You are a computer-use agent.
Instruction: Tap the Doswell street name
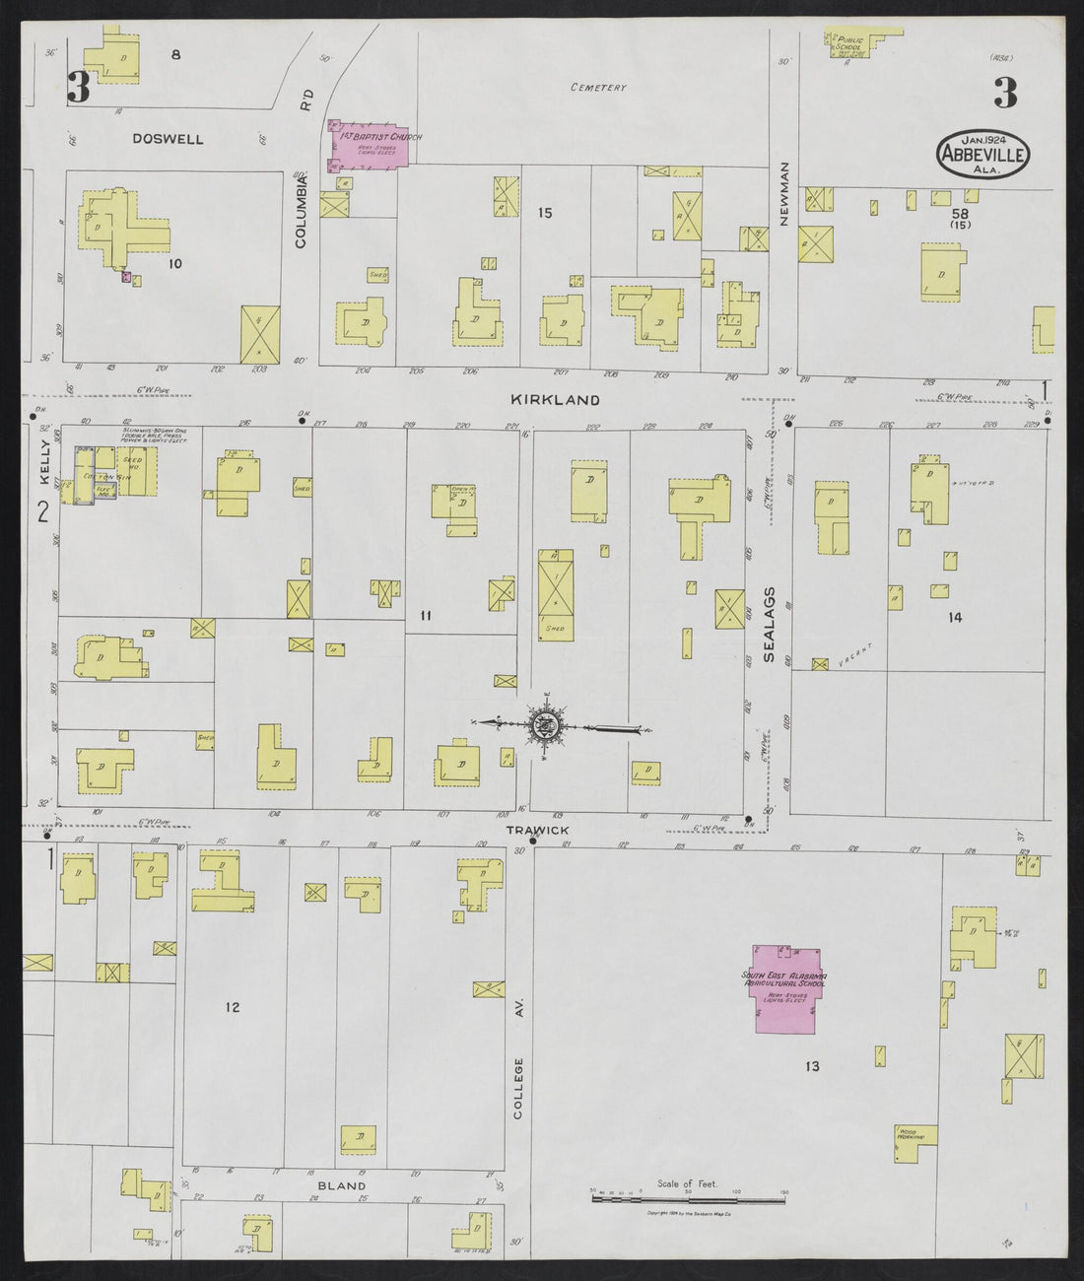pyautogui.click(x=169, y=140)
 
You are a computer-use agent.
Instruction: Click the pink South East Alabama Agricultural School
pyautogui.click(x=785, y=988)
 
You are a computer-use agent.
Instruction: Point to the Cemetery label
pyautogui.click(x=598, y=88)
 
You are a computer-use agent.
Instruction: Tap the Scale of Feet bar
pyautogui.click(x=687, y=1199)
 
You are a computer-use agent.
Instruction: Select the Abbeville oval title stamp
pyautogui.click(x=982, y=155)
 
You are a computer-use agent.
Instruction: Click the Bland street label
pyautogui.click(x=342, y=1185)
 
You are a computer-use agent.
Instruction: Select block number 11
pyautogui.click(x=426, y=616)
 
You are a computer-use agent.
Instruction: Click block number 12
pyautogui.click(x=233, y=1007)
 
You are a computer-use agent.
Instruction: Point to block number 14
pyautogui.click(x=954, y=618)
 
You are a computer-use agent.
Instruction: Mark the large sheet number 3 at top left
pyautogui.click(x=79, y=89)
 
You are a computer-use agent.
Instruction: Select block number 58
pyautogui.click(x=959, y=213)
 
